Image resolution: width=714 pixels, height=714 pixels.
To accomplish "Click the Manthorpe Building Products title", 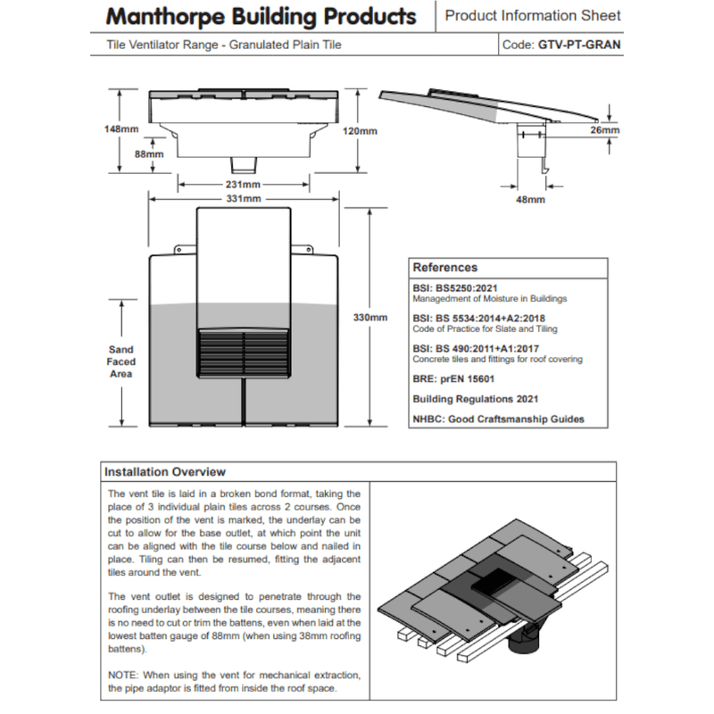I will (261, 17).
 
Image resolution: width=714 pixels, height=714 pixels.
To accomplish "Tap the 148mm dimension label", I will (120, 129).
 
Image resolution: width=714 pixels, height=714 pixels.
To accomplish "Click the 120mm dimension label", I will (361, 130).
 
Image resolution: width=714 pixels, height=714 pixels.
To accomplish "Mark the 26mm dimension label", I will (604, 130).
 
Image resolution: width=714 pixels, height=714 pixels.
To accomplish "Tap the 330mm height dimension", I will (370, 317).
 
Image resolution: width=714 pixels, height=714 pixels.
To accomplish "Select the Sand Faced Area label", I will (120, 361).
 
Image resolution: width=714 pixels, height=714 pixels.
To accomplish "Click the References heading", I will (445, 267).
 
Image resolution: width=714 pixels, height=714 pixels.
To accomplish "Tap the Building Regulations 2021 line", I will (475, 399).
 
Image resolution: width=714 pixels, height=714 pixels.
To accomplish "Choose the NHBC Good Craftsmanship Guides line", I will (498, 419).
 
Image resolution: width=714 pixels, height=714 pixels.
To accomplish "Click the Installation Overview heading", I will (165, 472).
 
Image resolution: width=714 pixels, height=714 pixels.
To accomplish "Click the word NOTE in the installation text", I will (124, 675).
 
